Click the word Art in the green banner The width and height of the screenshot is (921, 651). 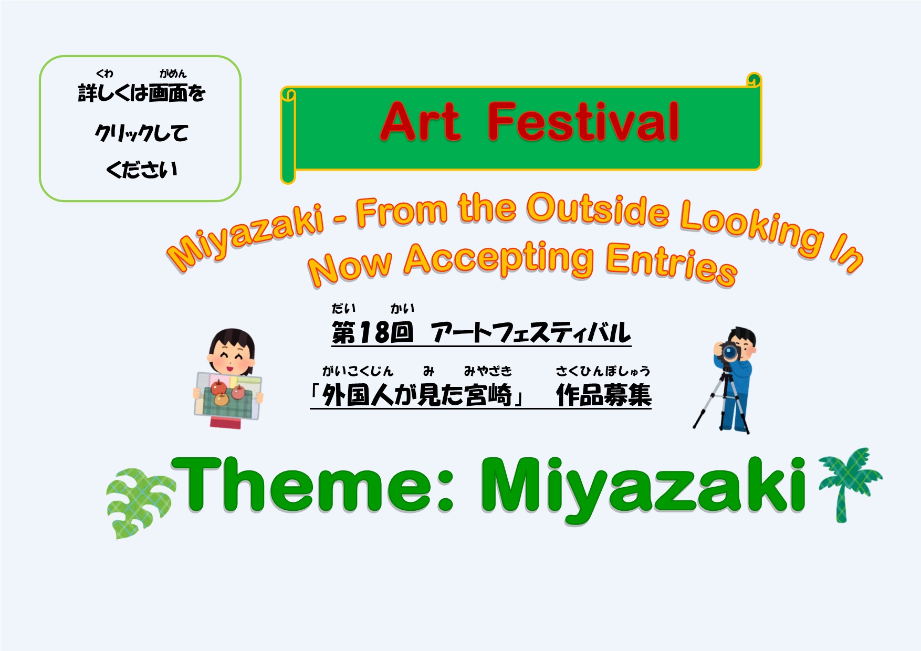coord(421,122)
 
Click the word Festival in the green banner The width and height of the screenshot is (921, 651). coord(583,122)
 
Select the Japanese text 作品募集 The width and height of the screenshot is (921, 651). coord(604,395)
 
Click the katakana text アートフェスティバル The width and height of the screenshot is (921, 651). coord(530,333)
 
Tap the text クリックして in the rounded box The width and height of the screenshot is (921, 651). coord(141,133)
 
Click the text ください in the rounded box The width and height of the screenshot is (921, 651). coord(142,170)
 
